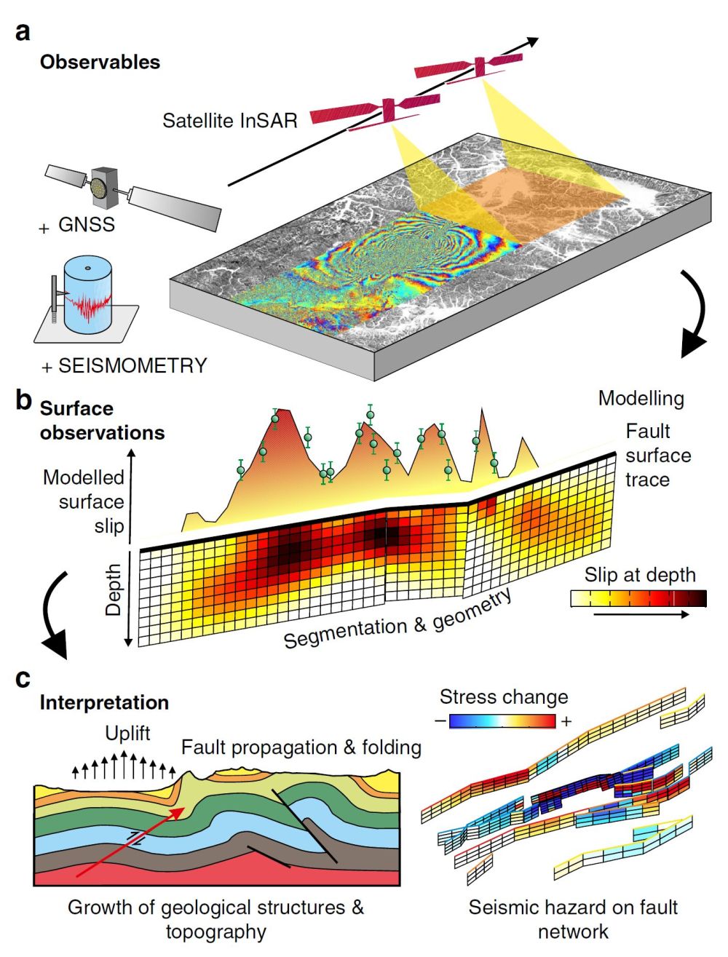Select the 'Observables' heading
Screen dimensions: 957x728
pos(100,62)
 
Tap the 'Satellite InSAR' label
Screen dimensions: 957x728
pos(230,120)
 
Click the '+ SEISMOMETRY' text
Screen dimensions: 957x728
pos(124,365)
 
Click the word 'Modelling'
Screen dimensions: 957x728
pos(641,398)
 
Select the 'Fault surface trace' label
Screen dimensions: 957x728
pos(657,456)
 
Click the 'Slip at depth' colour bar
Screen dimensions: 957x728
pos(638,599)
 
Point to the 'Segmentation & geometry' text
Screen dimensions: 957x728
pos(397,619)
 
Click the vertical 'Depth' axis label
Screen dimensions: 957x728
pos(114,589)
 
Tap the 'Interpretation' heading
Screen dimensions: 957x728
pos(104,702)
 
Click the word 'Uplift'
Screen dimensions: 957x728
pos(127,733)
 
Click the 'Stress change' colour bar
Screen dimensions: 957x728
pos(502,721)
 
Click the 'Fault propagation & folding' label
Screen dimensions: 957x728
pos(301,747)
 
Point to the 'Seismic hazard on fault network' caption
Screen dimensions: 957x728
pos(573,918)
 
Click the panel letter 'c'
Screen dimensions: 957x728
pos(23,678)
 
